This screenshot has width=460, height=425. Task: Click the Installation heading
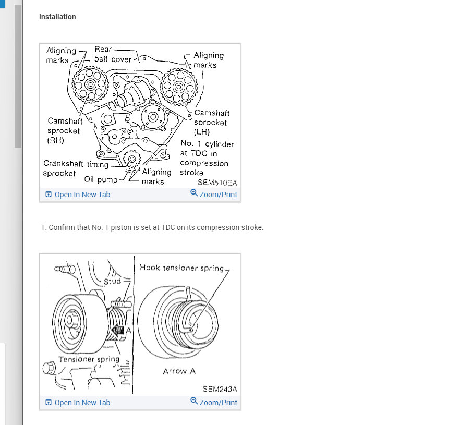click(x=57, y=17)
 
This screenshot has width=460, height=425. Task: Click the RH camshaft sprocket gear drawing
click(x=90, y=84)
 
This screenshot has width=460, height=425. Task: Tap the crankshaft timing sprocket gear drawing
click(x=131, y=158)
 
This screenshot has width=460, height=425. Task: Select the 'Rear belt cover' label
click(x=113, y=54)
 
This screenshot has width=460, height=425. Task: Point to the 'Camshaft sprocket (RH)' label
click(x=65, y=130)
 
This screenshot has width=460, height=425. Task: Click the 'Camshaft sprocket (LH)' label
click(x=211, y=123)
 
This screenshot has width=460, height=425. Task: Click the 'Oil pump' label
click(x=101, y=179)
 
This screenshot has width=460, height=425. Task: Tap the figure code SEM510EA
click(x=216, y=183)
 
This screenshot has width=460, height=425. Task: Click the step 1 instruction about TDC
click(x=152, y=228)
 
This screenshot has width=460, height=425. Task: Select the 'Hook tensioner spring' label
click(x=181, y=268)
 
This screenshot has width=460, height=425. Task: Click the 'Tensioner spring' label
click(x=89, y=359)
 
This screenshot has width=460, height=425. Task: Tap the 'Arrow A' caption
click(x=179, y=371)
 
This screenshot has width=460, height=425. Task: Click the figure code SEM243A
click(x=219, y=389)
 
